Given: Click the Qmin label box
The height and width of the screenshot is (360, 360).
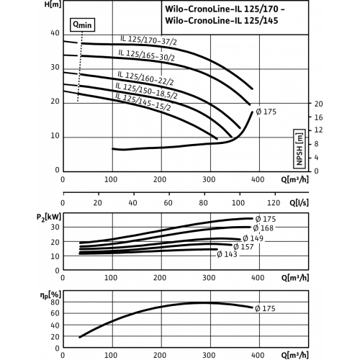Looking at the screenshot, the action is [82, 24].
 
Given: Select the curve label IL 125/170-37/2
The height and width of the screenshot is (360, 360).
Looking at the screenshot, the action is [148, 40].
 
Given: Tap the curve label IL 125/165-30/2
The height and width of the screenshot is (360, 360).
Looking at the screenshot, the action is [146, 55].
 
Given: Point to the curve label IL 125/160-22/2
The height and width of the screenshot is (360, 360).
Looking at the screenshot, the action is [145, 78].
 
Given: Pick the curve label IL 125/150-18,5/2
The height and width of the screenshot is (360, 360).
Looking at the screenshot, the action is [146, 91].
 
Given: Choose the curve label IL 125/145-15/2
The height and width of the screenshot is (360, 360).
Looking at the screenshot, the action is [143, 102].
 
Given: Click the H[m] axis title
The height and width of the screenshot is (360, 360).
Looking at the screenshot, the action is [53, 4].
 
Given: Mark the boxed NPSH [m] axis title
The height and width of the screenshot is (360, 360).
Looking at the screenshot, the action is [299, 149].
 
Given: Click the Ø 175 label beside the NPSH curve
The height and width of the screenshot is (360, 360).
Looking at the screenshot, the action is [266, 112].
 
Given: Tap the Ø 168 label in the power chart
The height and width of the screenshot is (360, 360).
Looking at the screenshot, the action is [264, 228].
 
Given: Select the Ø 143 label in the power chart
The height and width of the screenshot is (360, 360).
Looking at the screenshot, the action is [227, 254].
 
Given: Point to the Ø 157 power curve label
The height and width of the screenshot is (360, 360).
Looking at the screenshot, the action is [243, 246].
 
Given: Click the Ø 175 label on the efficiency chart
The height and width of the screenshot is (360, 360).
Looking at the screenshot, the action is [265, 308].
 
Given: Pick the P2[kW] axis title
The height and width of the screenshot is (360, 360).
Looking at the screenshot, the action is [49, 217].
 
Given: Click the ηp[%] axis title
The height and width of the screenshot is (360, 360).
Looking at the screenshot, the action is [50, 295].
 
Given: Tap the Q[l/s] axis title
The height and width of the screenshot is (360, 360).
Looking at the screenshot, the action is [299, 203].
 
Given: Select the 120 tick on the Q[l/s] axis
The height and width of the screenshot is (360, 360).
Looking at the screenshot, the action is [274, 203].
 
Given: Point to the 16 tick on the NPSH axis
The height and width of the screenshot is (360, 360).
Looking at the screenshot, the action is [319, 117].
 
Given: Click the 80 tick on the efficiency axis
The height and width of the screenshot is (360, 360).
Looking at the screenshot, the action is [55, 302].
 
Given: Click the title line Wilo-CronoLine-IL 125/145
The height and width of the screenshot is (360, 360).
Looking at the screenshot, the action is [222, 21].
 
